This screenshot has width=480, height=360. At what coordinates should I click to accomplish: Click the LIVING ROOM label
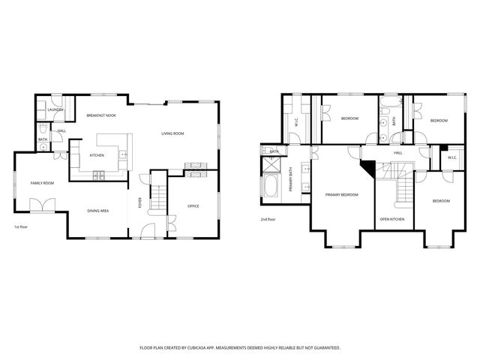[x=173, y=133]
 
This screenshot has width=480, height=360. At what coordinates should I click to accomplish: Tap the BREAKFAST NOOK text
[x=100, y=115]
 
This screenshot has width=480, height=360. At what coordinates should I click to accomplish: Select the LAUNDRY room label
[x=55, y=110]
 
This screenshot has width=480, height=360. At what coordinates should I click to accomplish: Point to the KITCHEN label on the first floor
[x=97, y=155]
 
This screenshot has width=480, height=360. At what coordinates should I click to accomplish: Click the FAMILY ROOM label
[x=42, y=183]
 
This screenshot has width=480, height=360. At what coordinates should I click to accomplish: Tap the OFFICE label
[x=193, y=205]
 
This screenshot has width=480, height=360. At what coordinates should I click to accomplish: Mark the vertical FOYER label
[x=139, y=202]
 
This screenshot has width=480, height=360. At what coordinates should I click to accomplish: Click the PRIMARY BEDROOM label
[x=341, y=194]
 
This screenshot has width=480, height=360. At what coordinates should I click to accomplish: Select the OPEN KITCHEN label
[x=391, y=219]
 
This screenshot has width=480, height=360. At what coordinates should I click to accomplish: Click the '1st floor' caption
[x=20, y=226]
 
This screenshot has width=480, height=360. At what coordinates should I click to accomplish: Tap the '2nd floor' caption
[x=268, y=219]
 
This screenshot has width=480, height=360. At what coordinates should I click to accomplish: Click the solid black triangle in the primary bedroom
[x=367, y=168]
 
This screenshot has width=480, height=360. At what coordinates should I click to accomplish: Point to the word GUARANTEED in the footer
[x=324, y=348]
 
